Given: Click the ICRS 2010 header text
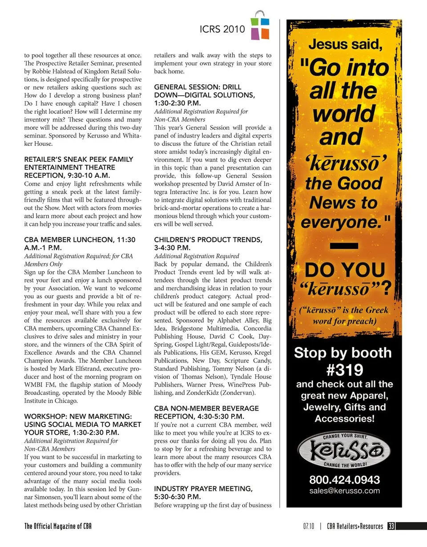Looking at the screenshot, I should coord(222,29).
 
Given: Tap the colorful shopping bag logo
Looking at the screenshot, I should coord(260,26).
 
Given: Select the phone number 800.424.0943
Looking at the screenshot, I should coord(344,480).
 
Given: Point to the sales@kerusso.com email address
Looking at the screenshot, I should coord(344,491).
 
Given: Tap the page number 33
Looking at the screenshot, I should coord(391,526).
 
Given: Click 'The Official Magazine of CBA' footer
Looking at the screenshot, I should coord(58,526).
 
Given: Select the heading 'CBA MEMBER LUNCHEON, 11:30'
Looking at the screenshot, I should coord(80,240).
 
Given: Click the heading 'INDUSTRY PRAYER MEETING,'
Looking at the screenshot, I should coord(203,489).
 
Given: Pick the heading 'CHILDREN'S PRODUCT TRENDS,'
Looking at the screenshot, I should coord(208,240).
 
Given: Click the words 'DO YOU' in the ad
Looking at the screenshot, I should coord(344,270).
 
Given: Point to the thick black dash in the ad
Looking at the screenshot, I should coord(344,245).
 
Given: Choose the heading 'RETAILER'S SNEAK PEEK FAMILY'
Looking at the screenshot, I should coord(79,159).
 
